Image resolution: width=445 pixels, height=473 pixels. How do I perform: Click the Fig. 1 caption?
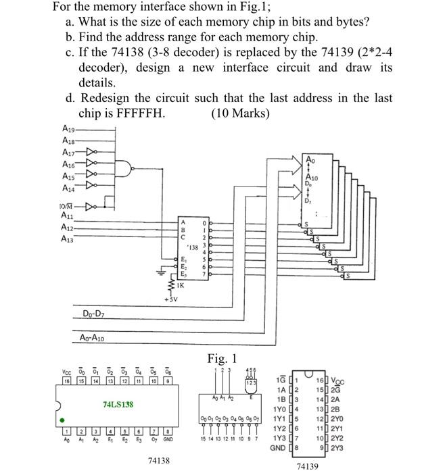222,357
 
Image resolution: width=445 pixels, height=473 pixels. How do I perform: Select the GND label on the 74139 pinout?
279,447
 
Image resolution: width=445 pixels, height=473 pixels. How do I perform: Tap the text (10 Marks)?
240,113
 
